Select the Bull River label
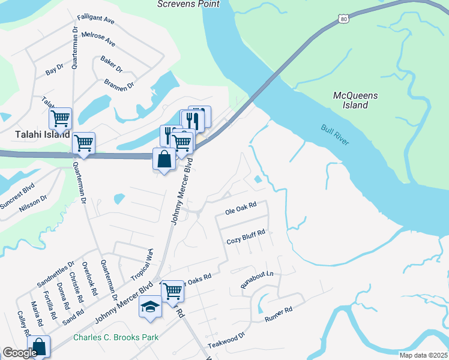[335, 134]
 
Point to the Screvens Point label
[188, 4]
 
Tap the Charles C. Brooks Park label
[116, 337]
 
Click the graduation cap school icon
[150, 307]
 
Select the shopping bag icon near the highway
[164, 160]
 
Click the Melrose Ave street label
[97, 40]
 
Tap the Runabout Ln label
[257, 280]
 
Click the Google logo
[20, 353]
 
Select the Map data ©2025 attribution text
[423, 355]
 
